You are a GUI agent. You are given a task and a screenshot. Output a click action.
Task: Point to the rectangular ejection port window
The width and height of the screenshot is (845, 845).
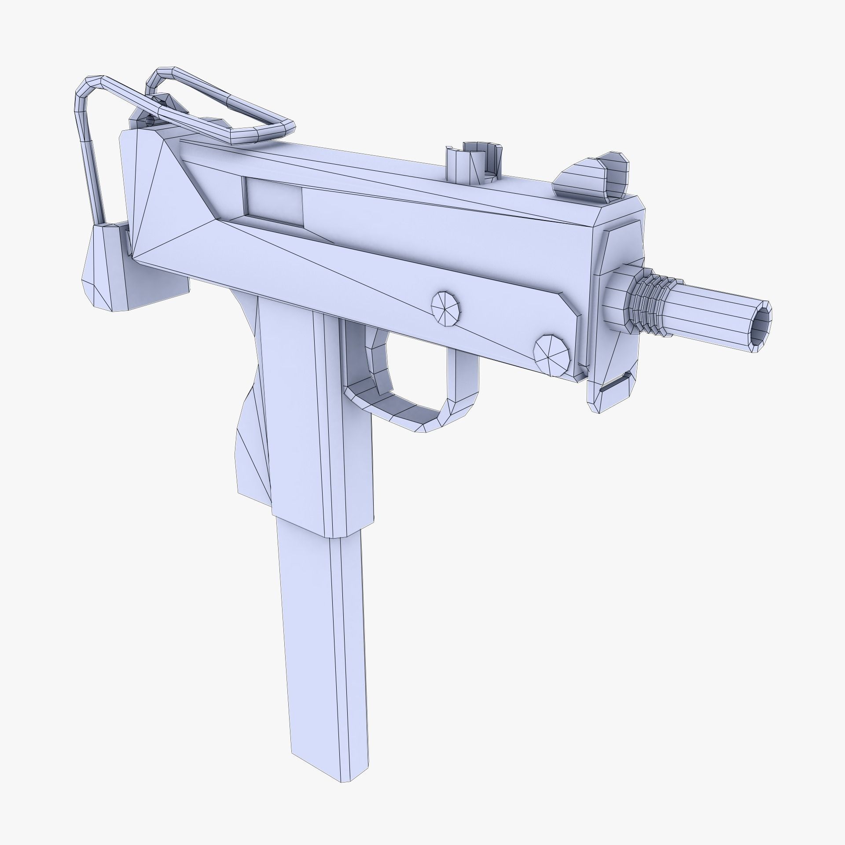273,202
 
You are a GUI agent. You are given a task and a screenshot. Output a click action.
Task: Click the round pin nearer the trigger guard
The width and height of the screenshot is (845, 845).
446,309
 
